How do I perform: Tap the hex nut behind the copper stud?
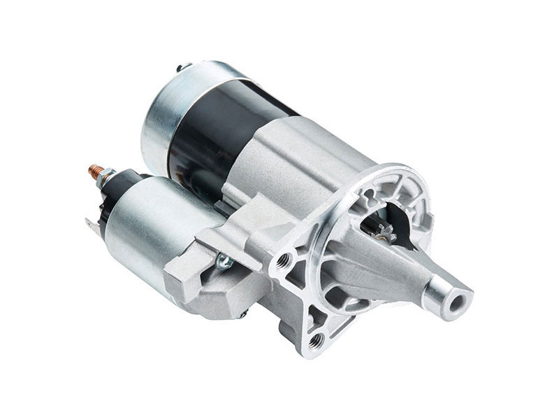107,176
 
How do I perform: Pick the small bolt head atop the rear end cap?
184,67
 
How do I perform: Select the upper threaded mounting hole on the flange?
284,261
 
